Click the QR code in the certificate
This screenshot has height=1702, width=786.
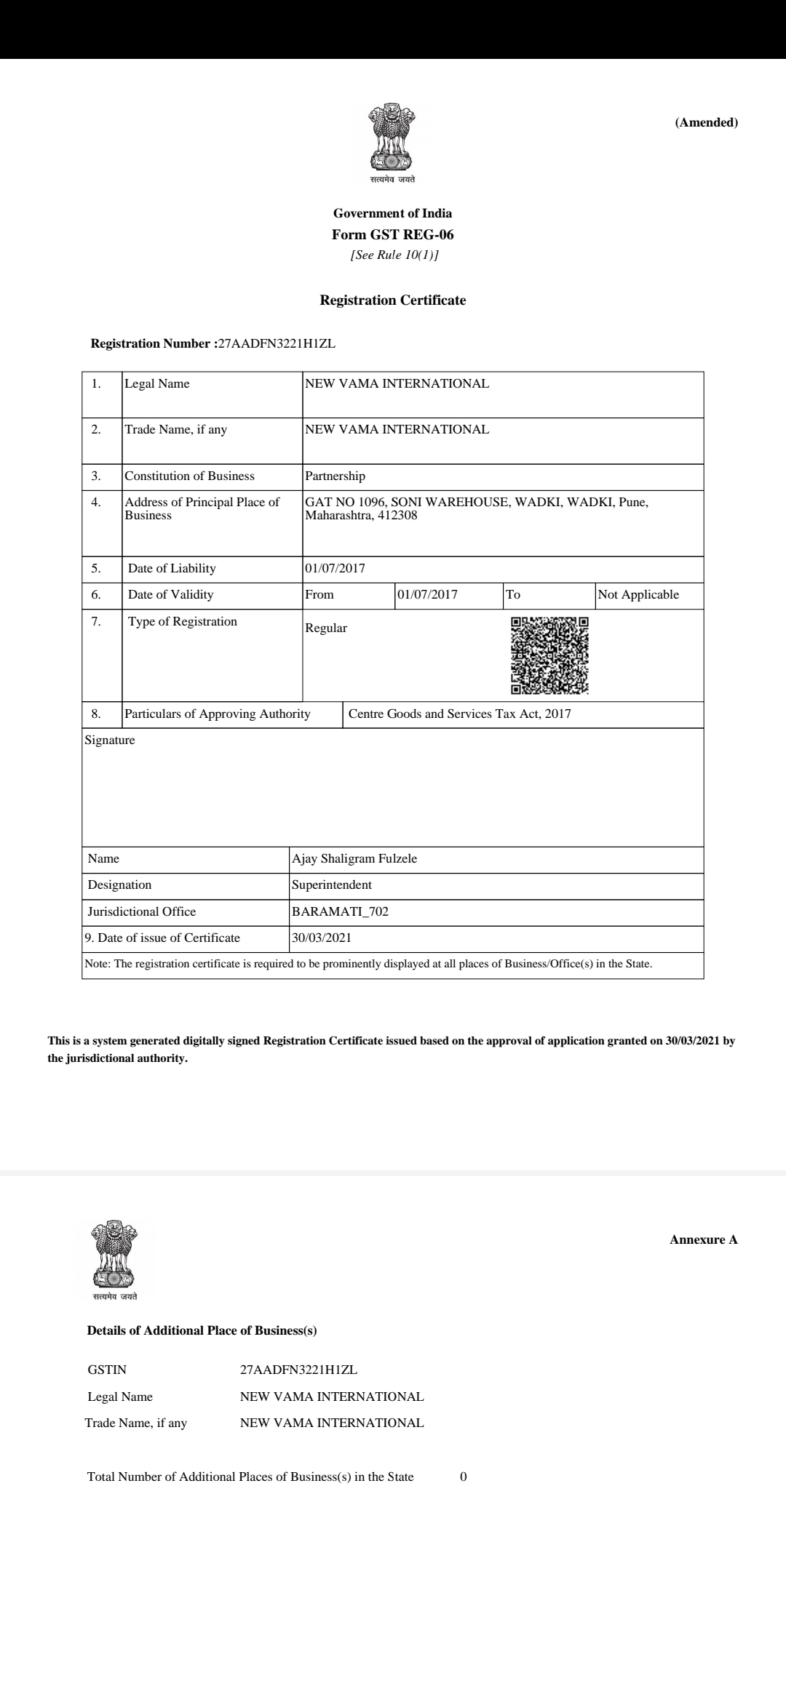(549, 655)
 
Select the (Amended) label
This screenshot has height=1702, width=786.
(706, 122)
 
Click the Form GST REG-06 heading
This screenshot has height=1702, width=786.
(392, 235)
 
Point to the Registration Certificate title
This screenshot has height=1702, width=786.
(392, 300)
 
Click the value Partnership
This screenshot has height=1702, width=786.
(335, 476)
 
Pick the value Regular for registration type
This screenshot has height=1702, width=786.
(326, 628)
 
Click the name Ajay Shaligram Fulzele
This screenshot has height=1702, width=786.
(354, 859)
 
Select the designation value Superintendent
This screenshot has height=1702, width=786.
(332, 885)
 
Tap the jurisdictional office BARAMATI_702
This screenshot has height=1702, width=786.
(340, 912)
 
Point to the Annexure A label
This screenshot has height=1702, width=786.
(703, 1240)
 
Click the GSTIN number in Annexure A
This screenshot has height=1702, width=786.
(298, 1370)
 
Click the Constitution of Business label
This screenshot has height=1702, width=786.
(189, 476)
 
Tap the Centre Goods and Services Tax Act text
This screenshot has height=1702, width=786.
(459, 714)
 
